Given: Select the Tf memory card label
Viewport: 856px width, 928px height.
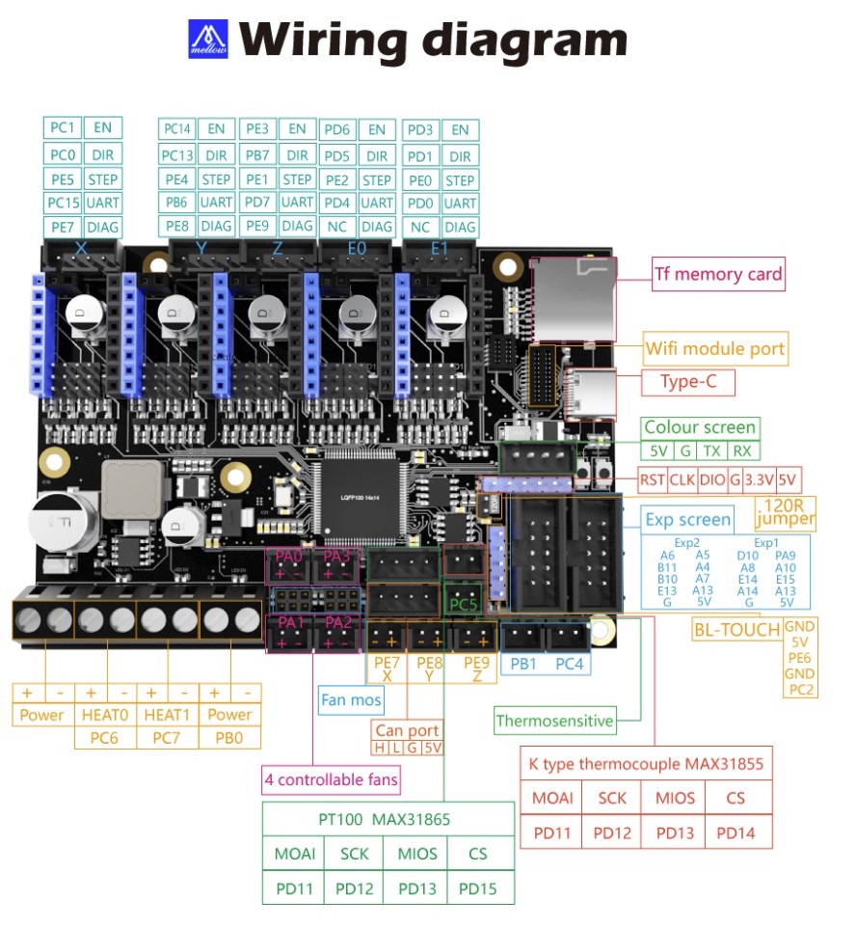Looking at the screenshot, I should pos(717,274).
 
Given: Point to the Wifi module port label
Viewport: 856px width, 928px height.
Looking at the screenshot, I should pos(715,348).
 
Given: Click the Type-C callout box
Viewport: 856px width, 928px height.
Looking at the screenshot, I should pos(688,382).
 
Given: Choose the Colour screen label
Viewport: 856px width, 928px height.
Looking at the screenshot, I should pos(700,427).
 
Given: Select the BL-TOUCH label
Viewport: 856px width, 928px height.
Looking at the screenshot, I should pos(736,630).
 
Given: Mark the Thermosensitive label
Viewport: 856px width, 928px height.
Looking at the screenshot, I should pos(554,720).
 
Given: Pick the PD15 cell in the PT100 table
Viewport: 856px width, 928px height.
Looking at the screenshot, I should pos(478,888).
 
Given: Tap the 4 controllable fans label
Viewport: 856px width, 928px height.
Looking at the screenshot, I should pos(332,778).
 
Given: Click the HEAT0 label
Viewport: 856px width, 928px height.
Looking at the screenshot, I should pos(106,715).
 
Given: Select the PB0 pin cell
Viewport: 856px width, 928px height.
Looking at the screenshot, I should pos(229,738).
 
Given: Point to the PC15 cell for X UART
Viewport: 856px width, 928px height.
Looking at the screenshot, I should pos(63,203).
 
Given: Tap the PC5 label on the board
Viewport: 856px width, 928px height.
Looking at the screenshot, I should pos(464,605).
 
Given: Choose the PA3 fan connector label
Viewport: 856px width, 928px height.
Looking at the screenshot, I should pos(337,557).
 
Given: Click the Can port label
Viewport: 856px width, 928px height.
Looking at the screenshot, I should pos(408,730).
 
